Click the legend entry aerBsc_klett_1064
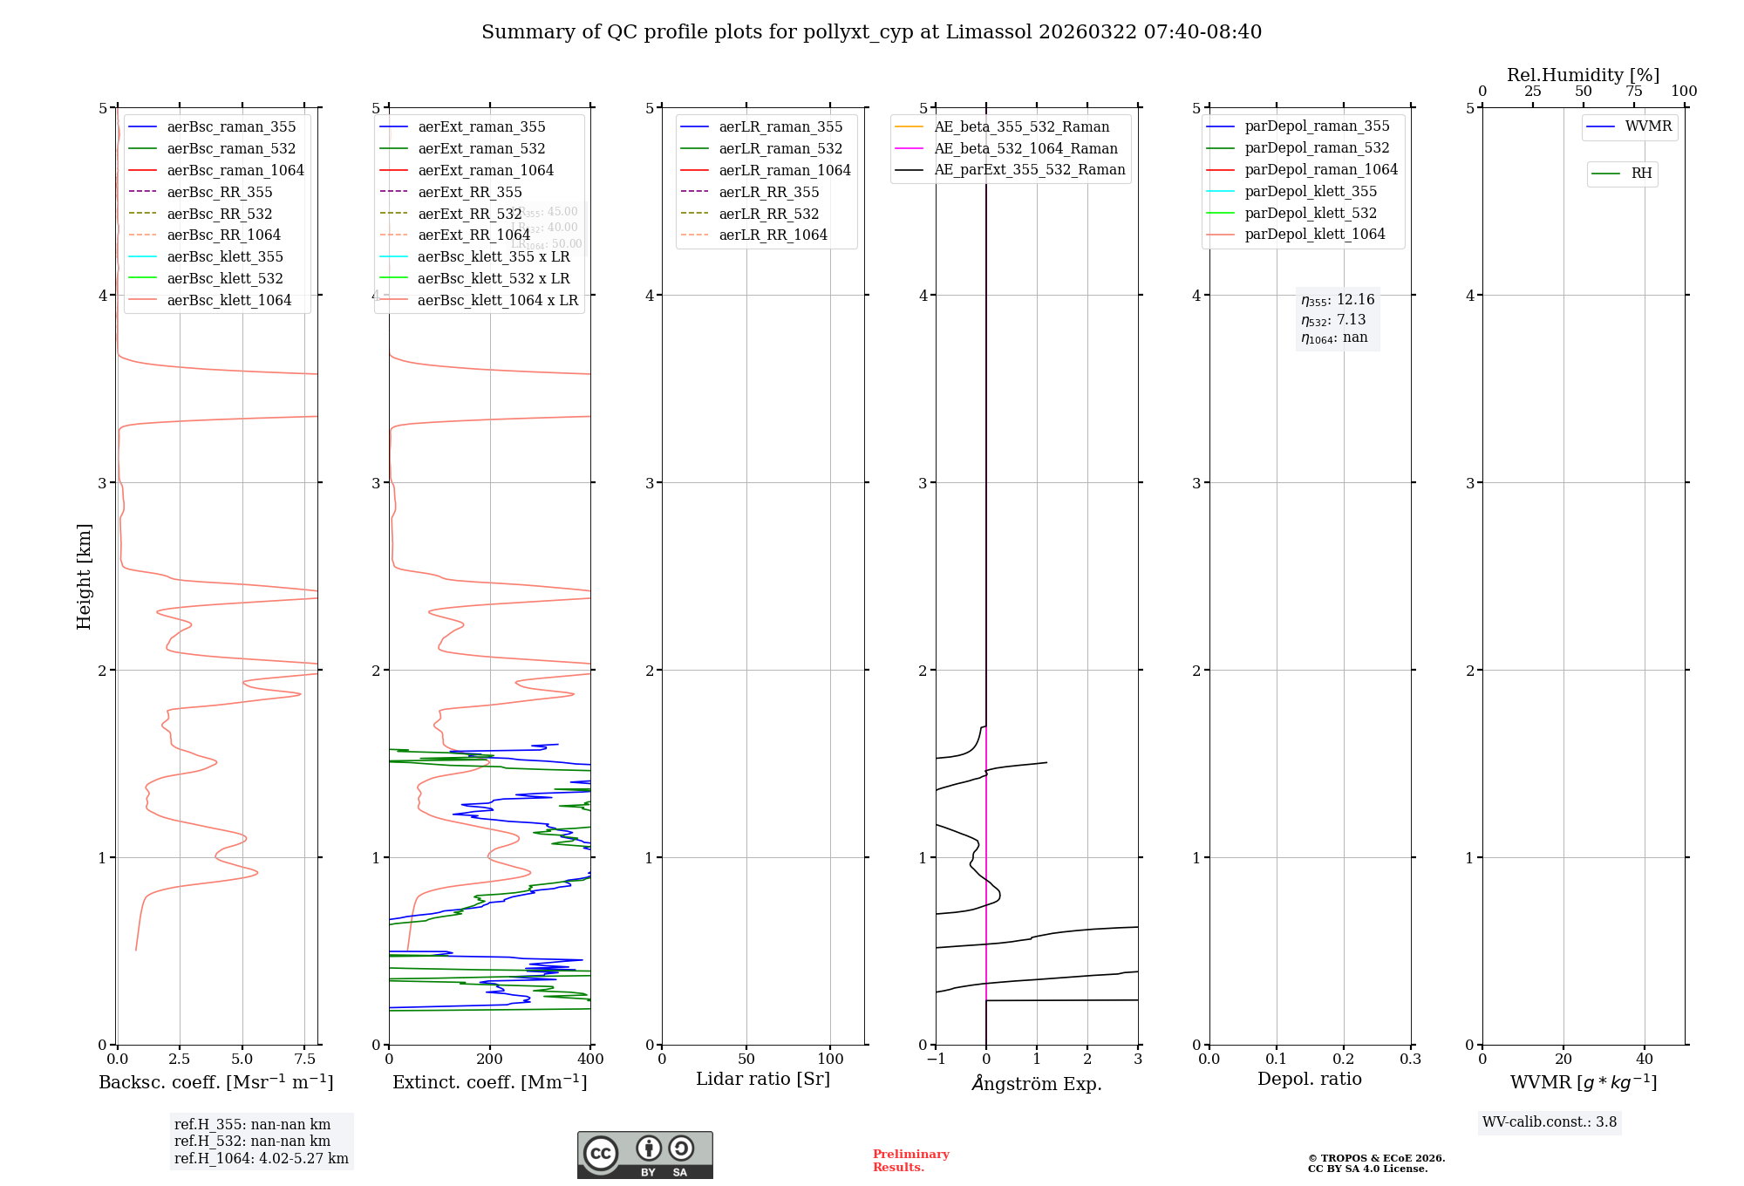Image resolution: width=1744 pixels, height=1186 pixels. tap(228, 301)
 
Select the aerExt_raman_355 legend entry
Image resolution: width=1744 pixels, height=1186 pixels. tap(481, 127)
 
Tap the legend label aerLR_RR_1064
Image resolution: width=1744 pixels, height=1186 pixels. tap(773, 235)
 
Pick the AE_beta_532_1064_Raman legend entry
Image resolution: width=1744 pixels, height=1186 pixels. tap(1025, 149)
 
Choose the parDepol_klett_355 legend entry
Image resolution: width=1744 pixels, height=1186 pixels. tap(1311, 192)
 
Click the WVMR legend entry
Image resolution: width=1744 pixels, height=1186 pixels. tap(1648, 126)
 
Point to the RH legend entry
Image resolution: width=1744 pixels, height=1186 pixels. tap(1641, 174)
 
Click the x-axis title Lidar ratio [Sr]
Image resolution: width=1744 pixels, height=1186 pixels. tap(763, 1080)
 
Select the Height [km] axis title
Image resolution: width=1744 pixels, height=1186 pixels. tap(84, 576)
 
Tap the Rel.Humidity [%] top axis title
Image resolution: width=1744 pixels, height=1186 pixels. tap(1583, 75)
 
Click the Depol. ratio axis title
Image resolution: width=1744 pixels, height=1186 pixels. tap(1309, 1080)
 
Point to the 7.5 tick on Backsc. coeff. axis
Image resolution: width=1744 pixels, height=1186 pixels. tap(305, 1060)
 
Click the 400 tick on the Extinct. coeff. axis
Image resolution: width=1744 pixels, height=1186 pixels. tap(590, 1060)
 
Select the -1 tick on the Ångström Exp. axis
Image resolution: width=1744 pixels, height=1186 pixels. tap(936, 1060)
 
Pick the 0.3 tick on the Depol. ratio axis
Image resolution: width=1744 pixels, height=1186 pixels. tap(1410, 1060)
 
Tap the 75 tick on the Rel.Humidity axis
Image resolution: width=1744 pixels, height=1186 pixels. tap(1633, 92)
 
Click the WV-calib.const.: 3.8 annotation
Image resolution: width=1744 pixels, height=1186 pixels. tap(1549, 1122)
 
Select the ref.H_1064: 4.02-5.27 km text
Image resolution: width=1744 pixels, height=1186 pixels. tap(261, 1159)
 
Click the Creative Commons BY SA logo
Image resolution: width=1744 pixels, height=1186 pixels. tap(644, 1155)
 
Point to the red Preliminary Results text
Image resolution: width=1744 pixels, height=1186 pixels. tap(910, 1161)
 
